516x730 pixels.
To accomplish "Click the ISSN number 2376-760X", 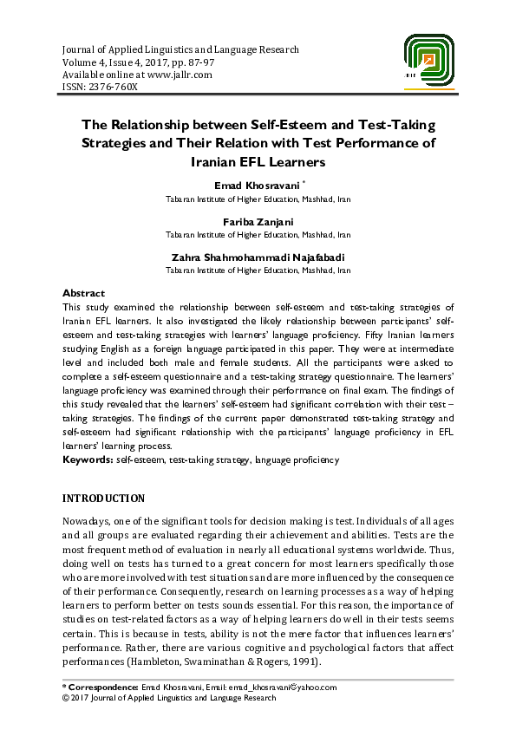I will (113, 88).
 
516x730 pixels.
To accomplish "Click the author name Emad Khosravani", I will (256, 186).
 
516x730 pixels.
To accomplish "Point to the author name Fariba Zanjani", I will (258, 221).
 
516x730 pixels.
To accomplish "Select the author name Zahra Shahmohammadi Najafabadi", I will (258, 257).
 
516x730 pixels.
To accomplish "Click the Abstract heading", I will (84, 294).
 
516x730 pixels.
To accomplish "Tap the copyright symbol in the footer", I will (67, 697).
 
